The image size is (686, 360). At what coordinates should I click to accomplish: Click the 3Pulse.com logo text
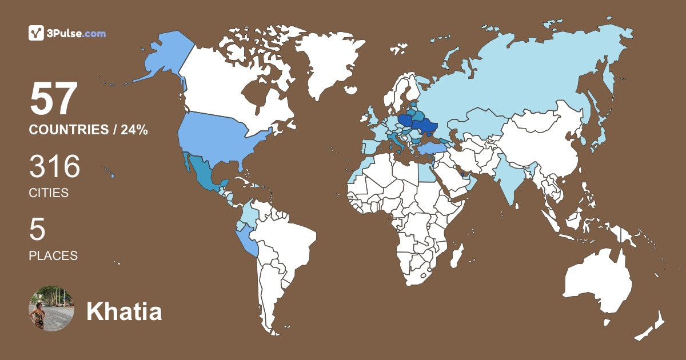coord(77,33)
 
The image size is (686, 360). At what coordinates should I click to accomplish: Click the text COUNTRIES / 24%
coord(88,130)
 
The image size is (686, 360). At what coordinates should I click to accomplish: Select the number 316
coord(55,167)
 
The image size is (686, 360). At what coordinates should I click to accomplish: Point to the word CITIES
coord(49,193)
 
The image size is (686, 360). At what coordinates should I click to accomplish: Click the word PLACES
coord(53,256)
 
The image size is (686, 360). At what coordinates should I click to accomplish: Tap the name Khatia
coord(124,312)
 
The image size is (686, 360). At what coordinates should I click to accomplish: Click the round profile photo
coord(51,308)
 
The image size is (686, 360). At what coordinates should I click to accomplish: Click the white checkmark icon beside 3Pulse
coord(37,33)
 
